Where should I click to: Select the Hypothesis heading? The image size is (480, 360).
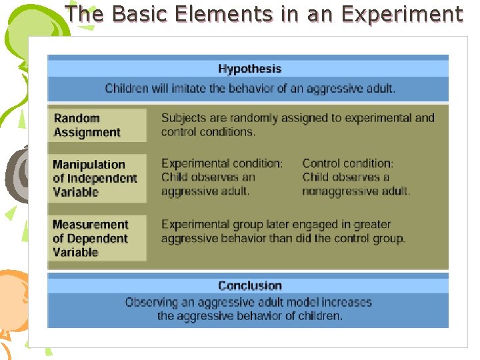[x=249, y=69]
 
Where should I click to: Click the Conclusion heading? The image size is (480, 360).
[x=249, y=285]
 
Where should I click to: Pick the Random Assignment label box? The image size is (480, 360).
[x=98, y=125]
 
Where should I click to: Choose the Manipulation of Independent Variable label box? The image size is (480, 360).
[x=98, y=178]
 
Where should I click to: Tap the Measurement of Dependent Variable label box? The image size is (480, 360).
[x=98, y=238]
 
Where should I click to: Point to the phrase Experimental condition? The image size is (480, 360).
[x=221, y=163]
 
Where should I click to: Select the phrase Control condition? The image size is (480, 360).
[x=347, y=163]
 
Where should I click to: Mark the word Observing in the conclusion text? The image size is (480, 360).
[x=151, y=302]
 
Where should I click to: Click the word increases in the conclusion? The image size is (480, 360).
[x=346, y=302]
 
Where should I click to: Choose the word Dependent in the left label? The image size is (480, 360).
[x=97, y=238]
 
